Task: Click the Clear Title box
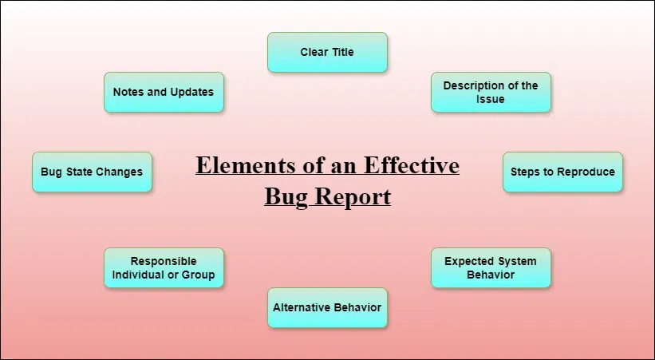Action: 327,52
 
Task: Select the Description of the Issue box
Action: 491,93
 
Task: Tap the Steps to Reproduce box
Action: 562,172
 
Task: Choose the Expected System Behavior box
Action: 491,268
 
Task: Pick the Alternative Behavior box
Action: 327,308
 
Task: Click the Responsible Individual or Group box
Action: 164,268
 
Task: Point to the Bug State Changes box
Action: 92,172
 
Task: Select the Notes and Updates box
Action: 164,93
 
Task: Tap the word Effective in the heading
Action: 412,164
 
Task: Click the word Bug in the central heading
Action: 287,197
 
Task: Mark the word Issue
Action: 491,99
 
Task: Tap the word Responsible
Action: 164,261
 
